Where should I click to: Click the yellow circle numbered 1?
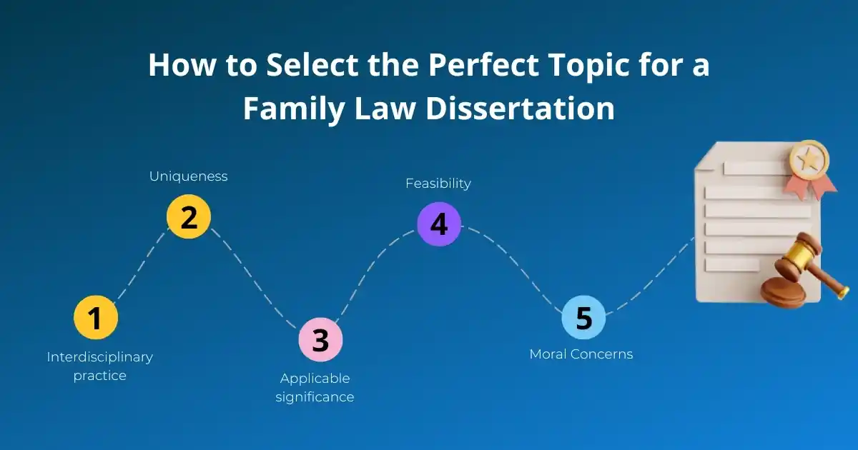(x=96, y=318)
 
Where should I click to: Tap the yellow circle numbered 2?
(x=189, y=216)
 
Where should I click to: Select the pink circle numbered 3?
(x=320, y=339)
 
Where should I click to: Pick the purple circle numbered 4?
(x=438, y=224)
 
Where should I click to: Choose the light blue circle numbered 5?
(x=583, y=317)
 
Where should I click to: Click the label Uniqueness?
(x=188, y=176)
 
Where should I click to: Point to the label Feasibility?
(x=438, y=184)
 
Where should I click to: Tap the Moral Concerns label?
(x=581, y=354)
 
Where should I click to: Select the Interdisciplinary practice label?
(x=99, y=366)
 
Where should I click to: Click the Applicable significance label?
(x=315, y=387)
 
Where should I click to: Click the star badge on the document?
(x=808, y=161)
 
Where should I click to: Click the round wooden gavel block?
(x=782, y=292)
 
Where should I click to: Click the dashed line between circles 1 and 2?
(x=140, y=264)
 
